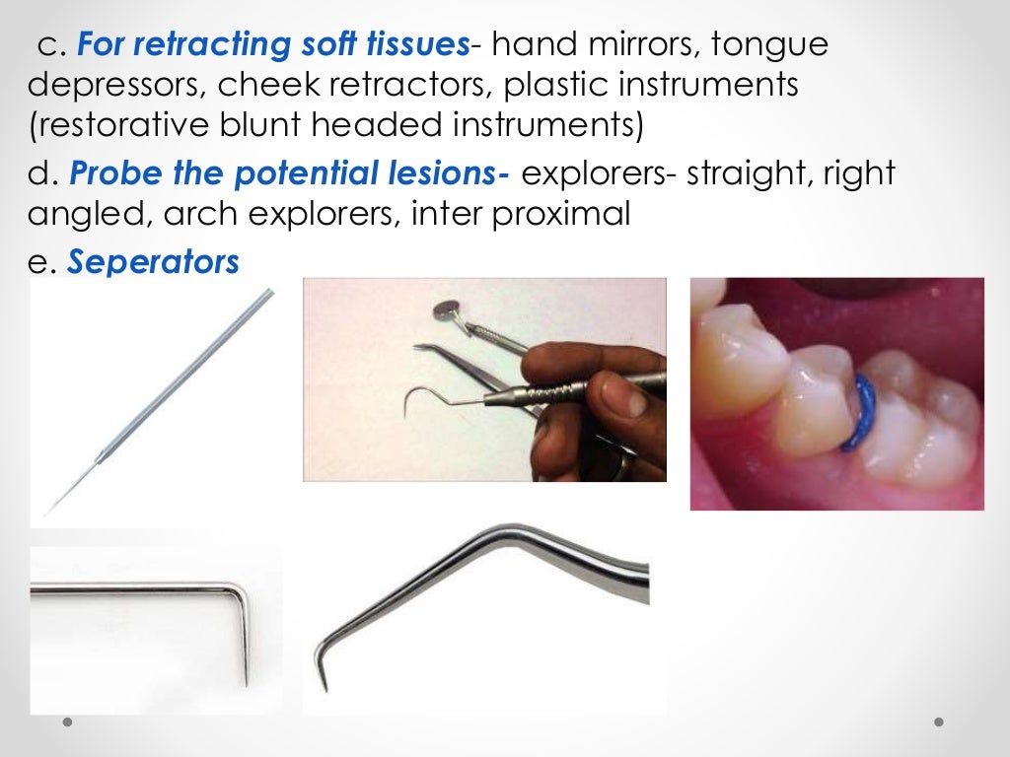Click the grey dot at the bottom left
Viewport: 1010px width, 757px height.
coord(68,723)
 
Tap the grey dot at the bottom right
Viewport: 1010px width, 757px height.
coord(939,723)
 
